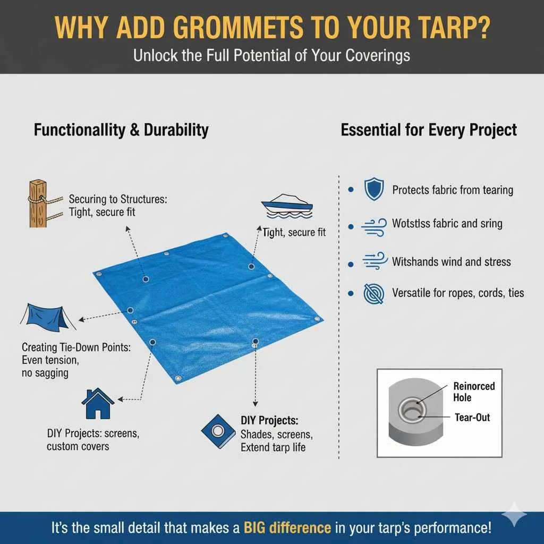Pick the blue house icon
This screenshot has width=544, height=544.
click(98, 404)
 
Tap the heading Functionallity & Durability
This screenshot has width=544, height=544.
click(121, 130)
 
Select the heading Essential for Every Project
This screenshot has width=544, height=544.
click(429, 130)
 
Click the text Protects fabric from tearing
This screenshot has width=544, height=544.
click(453, 190)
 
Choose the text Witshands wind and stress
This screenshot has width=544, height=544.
click(451, 261)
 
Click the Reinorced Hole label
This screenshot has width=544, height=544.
click(474, 392)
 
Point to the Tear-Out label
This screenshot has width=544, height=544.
click(472, 418)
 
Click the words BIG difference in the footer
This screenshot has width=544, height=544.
click(287, 528)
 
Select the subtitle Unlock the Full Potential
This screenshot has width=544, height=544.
click(271, 55)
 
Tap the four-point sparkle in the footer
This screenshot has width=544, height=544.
click(515, 514)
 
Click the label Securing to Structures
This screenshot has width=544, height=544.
click(118, 199)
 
